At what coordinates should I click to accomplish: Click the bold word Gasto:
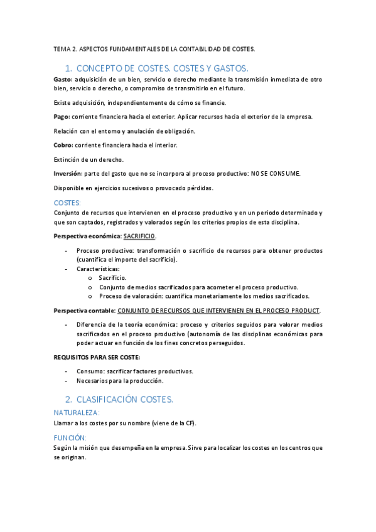(x=63, y=80)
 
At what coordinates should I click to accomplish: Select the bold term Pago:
(x=62, y=117)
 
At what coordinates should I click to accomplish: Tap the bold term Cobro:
(x=63, y=145)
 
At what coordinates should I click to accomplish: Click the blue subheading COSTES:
(x=67, y=203)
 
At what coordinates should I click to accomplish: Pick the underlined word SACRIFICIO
(x=139, y=237)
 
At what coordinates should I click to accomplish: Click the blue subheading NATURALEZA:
(x=77, y=413)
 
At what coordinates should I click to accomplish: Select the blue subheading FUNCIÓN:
(x=70, y=437)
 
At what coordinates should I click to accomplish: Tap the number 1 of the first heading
(x=68, y=68)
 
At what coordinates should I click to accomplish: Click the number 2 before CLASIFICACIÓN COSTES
(x=68, y=399)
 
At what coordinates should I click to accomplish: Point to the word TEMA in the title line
(x=62, y=48)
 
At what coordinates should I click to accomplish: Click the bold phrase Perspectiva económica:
(x=87, y=237)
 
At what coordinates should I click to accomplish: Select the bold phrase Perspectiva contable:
(x=84, y=311)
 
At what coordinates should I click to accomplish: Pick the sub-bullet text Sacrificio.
(x=112, y=277)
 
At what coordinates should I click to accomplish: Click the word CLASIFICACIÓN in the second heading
(x=108, y=399)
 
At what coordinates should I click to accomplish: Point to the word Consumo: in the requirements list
(x=90, y=371)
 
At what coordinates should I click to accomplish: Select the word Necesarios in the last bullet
(x=92, y=381)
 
